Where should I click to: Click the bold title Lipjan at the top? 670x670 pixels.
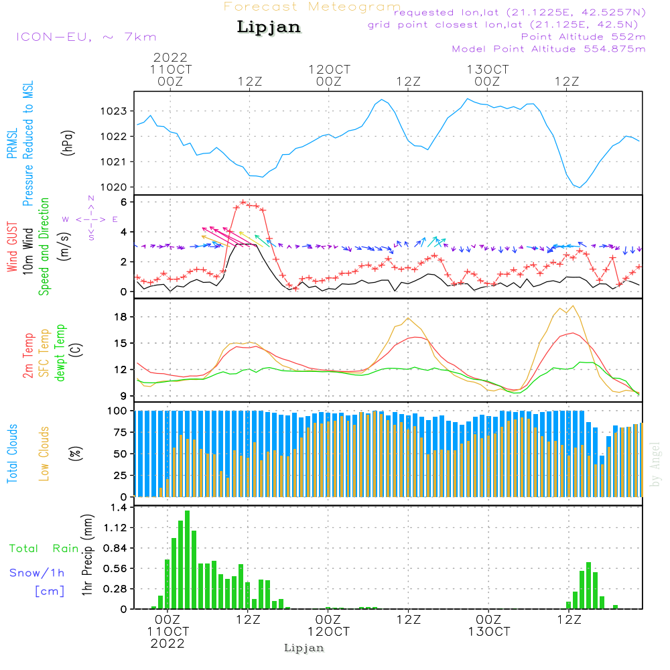pos(269,27)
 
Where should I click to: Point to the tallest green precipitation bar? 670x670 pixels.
pos(187,559)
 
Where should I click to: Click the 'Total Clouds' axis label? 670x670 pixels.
pos(12,454)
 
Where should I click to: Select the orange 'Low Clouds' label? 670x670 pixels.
pos(44,453)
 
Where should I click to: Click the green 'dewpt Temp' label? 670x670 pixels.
pos(60,353)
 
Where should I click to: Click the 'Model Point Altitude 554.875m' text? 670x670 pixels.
pos(549,49)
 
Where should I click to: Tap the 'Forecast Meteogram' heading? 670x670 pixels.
pos(312,7)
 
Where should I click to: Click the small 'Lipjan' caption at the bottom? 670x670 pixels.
pos(304,648)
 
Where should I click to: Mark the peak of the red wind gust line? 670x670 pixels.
pos(243,202)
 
